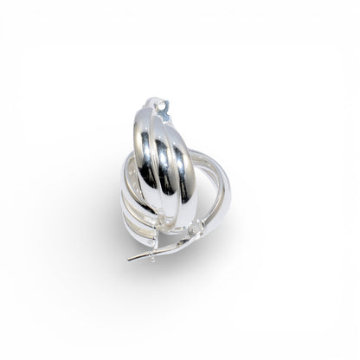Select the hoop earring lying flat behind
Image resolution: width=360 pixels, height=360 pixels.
tap(216, 186)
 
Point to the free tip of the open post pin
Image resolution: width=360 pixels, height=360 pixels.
tap(130, 258)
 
